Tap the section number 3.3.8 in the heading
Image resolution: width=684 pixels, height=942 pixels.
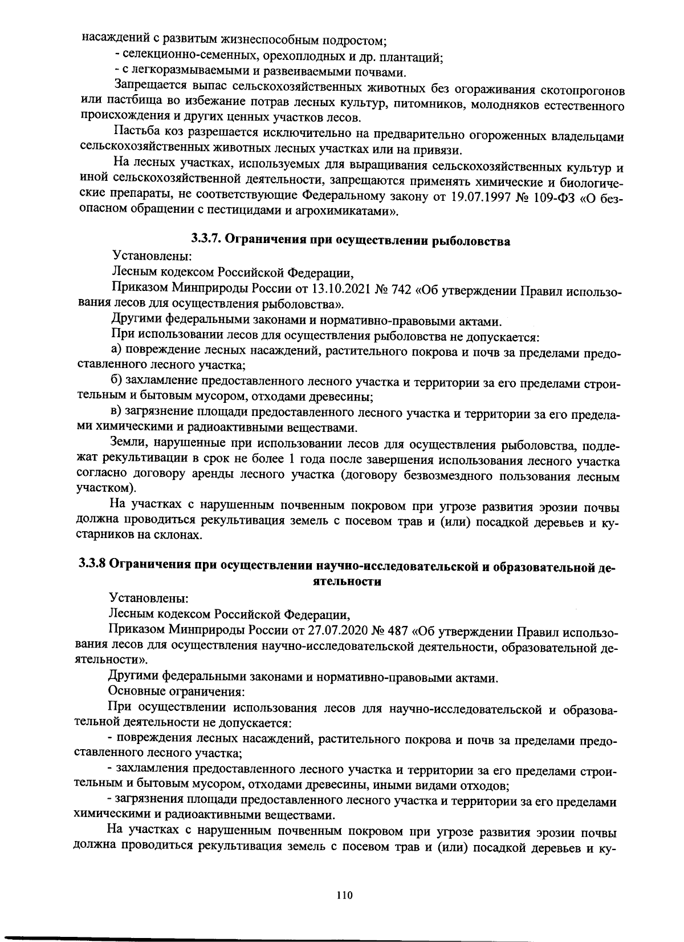[92, 565]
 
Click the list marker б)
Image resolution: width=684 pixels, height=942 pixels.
[116, 381]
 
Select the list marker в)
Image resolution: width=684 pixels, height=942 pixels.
[116, 413]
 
